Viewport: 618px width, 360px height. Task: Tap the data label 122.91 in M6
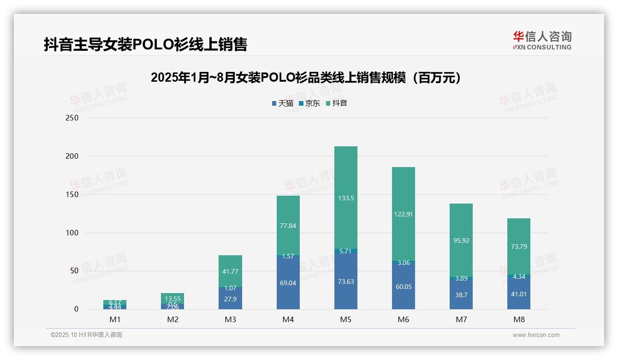(403, 214)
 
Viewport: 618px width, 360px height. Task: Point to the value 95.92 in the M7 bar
(461, 240)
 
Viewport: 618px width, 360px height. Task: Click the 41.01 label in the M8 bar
(518, 294)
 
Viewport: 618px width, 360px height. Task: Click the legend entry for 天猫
(282, 103)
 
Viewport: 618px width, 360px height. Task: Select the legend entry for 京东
(309, 103)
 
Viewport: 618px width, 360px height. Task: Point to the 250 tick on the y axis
(72, 118)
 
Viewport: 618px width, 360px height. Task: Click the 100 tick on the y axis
(72, 233)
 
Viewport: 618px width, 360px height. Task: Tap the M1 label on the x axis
(115, 319)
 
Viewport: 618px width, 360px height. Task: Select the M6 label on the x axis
(403, 319)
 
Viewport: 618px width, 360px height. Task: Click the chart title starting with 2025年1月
(306, 78)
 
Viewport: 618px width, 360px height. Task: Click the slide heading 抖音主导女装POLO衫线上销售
(146, 44)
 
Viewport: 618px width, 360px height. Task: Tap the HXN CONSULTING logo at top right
(542, 40)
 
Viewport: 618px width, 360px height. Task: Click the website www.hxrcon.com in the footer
(535, 335)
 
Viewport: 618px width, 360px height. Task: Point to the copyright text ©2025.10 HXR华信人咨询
(86, 335)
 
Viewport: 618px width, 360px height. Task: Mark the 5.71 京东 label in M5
(345, 251)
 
